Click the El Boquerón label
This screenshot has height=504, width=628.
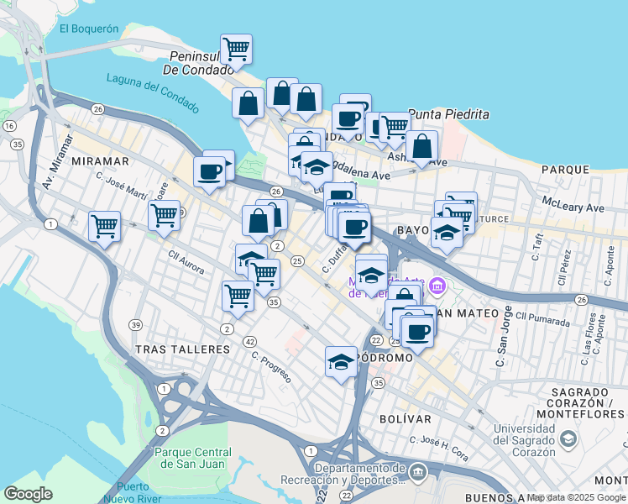coord(88,28)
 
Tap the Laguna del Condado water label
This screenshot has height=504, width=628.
coord(153,92)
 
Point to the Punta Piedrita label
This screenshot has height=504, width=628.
coord(447,114)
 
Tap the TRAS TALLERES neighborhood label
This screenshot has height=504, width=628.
coord(182,349)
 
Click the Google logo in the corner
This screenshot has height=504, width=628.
coord(28,493)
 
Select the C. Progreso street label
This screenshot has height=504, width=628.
coord(271,366)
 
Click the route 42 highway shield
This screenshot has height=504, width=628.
coord(250,342)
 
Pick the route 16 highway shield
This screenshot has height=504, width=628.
coord(9,125)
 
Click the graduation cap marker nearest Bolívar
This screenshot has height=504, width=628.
coord(341,362)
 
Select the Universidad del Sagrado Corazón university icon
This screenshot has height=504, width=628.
coord(568,438)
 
